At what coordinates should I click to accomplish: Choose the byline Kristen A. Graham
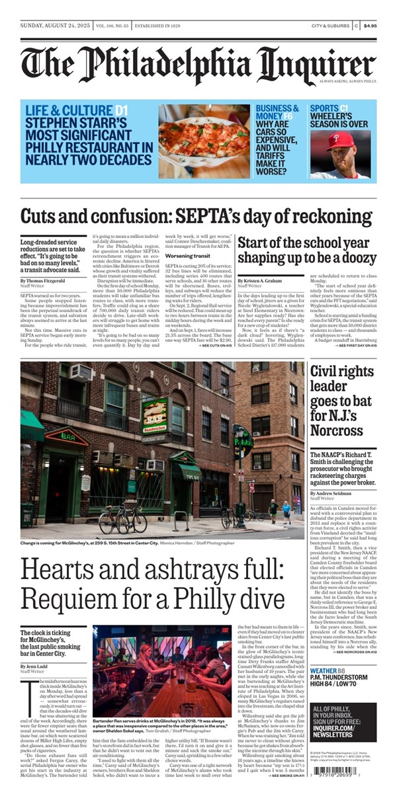click(x=265, y=280)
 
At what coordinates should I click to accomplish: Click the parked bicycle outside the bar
click(x=124, y=519)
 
